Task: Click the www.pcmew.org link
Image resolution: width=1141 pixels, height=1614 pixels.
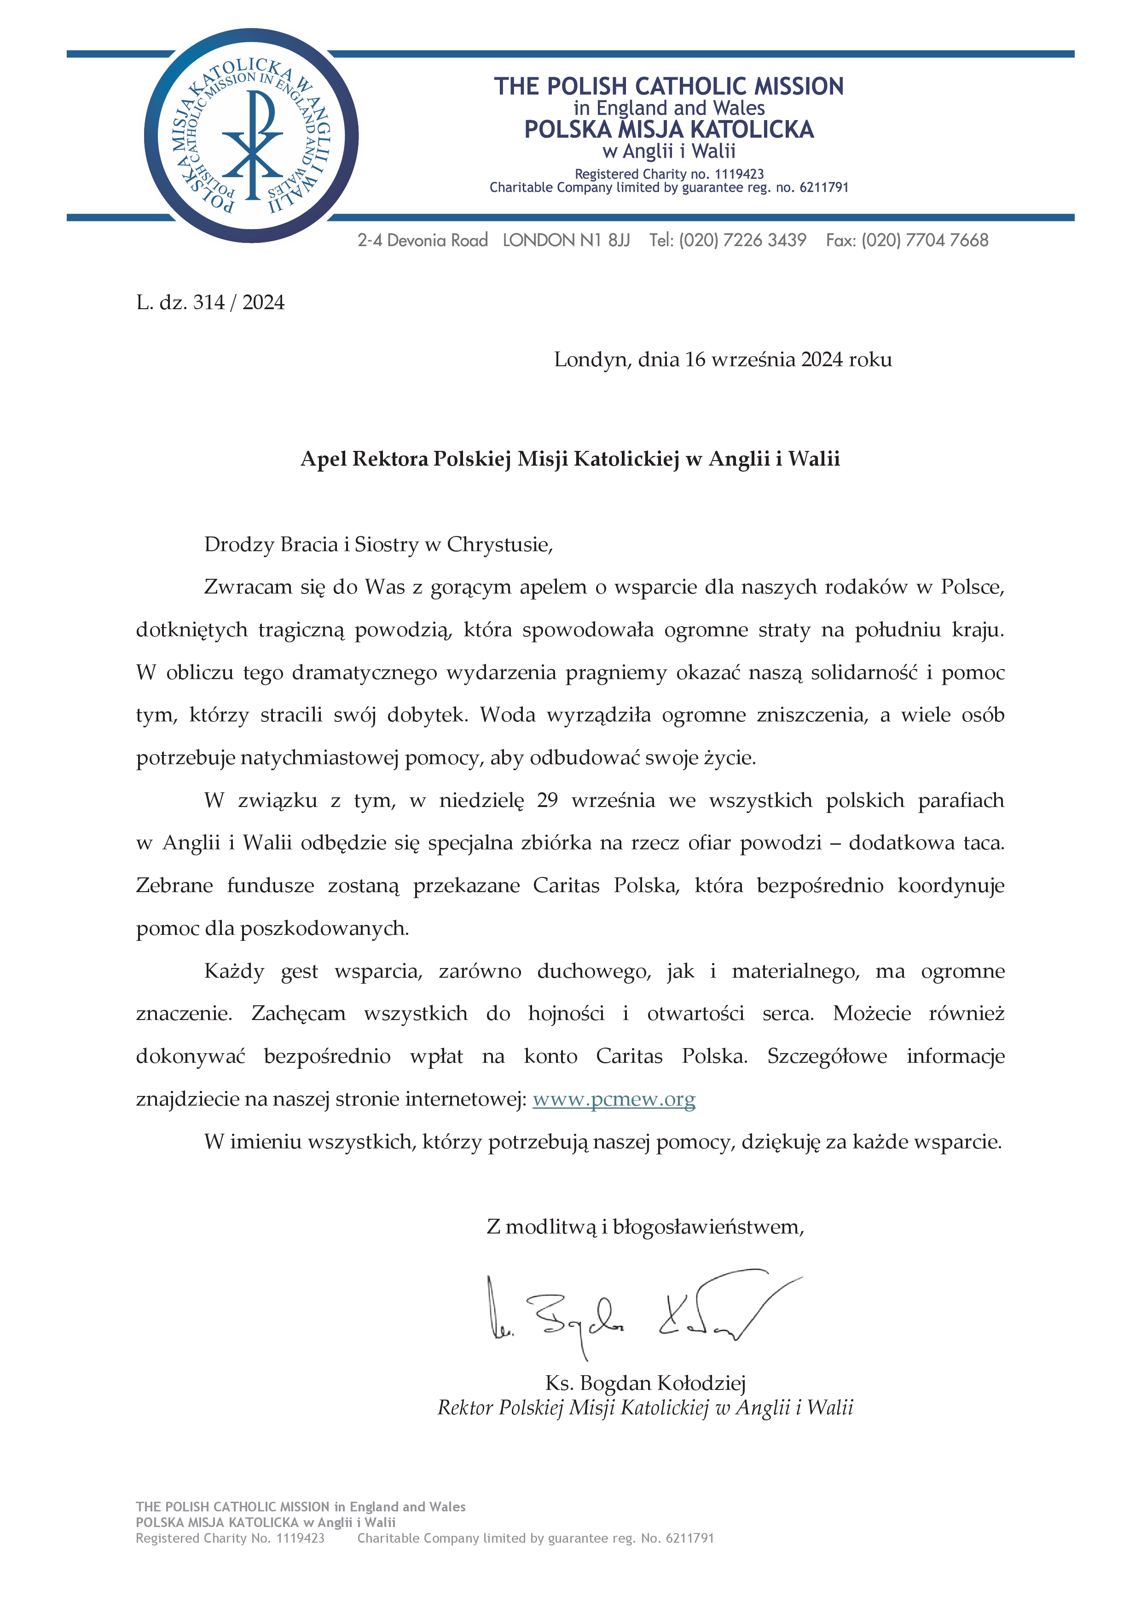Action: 613,1099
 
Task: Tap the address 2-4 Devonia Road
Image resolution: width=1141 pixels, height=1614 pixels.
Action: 423,241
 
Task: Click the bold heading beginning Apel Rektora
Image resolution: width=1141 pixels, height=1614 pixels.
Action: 570,459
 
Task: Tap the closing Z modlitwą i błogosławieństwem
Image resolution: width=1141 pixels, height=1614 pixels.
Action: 645,1227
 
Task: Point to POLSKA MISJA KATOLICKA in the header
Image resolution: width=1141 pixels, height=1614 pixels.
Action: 669,129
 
